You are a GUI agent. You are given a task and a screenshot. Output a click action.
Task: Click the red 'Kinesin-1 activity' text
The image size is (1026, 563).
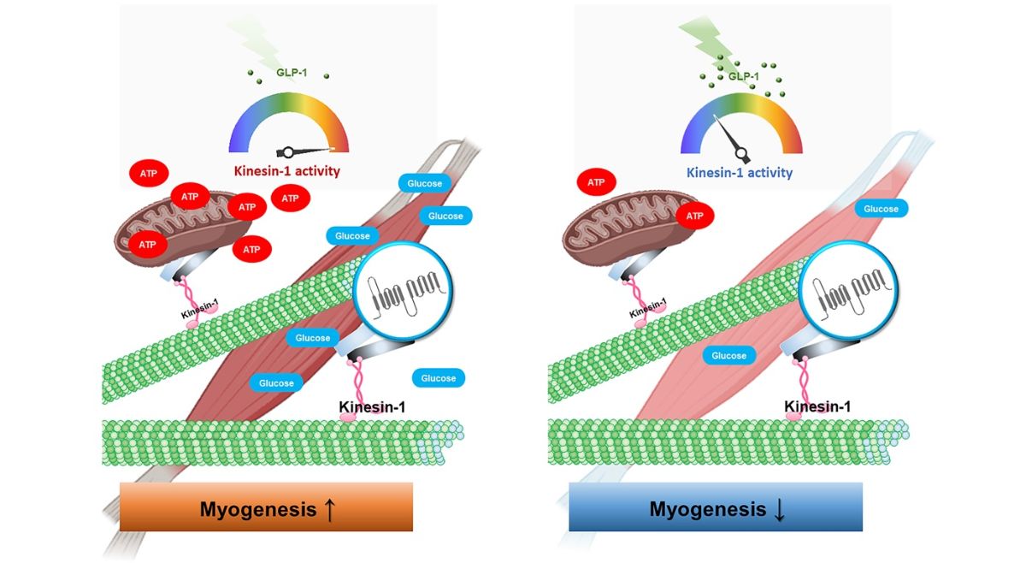point(287,171)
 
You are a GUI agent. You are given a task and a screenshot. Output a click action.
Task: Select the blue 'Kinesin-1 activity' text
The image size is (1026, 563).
point(740,172)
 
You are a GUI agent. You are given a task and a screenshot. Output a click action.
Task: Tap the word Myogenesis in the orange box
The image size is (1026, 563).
point(257,509)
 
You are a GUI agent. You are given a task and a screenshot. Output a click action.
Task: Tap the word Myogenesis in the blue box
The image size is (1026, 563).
point(707,509)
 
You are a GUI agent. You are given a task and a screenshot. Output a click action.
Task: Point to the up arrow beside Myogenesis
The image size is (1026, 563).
point(329,509)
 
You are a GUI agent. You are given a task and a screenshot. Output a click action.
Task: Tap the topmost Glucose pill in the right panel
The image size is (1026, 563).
point(881,209)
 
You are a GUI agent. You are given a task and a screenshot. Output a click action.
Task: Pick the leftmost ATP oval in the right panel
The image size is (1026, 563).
point(596,182)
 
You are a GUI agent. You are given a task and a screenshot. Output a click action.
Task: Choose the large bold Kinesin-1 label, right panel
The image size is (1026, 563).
point(817,406)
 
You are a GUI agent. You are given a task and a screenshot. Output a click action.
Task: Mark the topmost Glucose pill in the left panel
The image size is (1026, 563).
point(424,183)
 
